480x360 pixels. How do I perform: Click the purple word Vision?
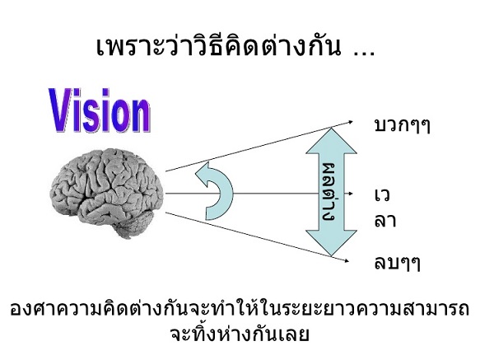(100, 110)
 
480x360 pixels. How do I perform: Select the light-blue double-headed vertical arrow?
(331, 192)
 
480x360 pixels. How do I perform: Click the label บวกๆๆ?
(403, 125)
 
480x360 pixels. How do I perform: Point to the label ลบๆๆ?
(398, 264)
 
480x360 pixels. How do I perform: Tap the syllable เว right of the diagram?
(382, 195)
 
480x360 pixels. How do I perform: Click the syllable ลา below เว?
(385, 221)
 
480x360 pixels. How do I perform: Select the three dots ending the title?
(364, 54)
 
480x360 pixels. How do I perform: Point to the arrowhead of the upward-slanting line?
(351, 122)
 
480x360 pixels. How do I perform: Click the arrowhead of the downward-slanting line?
(347, 260)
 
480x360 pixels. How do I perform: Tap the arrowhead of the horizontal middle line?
(351, 194)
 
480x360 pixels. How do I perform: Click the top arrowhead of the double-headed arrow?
(331, 140)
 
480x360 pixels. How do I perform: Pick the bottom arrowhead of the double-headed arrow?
(331, 243)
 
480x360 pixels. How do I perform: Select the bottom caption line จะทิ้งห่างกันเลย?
(240, 334)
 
